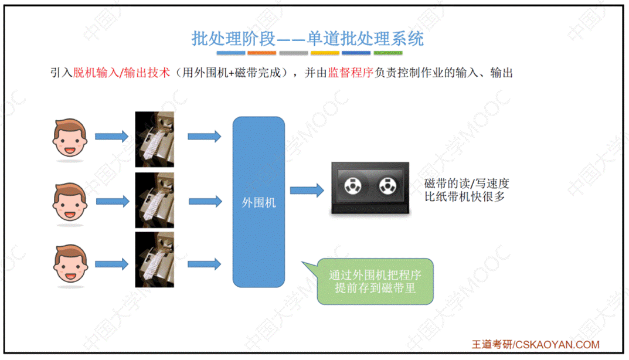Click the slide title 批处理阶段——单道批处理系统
click(x=308, y=38)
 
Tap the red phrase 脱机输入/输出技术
click(x=121, y=73)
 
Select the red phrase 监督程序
click(x=351, y=73)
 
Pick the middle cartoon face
click(x=70, y=202)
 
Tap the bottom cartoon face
click(x=70, y=265)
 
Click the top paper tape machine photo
click(x=155, y=139)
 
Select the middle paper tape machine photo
click(x=155, y=200)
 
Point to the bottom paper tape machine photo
click(x=155, y=260)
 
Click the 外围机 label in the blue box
click(x=259, y=203)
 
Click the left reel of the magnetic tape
click(x=353, y=187)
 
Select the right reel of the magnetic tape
click(x=387, y=187)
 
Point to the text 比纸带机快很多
click(x=464, y=197)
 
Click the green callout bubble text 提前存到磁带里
click(x=375, y=288)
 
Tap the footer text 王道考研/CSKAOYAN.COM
click(x=536, y=345)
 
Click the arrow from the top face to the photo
click(x=111, y=137)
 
